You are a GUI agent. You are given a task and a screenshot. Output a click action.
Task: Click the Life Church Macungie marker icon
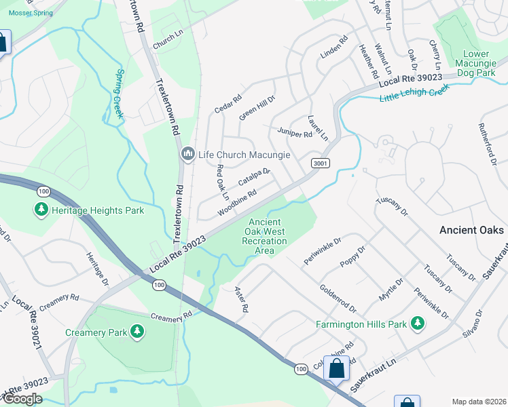point(187,155)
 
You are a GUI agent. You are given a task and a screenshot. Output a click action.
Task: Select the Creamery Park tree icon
point(138,332)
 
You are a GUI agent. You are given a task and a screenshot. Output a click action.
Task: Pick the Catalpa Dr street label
point(254,178)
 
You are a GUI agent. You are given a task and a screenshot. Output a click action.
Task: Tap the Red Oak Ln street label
point(222,181)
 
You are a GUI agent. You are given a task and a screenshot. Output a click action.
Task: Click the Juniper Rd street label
point(295,132)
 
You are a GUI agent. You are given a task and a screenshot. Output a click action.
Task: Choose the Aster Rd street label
point(240,298)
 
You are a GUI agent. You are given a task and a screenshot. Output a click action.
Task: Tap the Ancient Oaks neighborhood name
point(472,230)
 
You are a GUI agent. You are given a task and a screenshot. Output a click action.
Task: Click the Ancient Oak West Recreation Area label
point(264,236)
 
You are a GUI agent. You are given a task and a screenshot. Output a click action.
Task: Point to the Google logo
point(22,399)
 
